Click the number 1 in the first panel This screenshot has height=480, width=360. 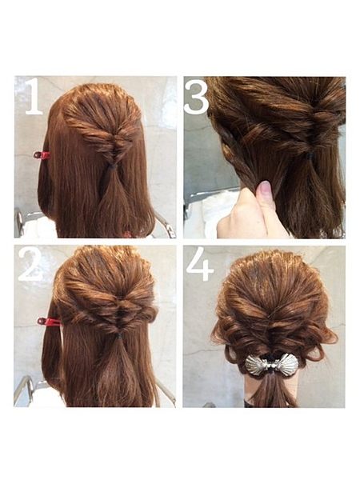click(34, 96)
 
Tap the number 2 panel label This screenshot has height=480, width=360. click(30, 264)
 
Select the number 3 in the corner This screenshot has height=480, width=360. click(197, 97)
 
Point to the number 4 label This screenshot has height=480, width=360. click(199, 264)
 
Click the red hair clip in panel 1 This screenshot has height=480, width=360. click(42, 155)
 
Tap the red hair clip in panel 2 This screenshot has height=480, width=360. click(48, 322)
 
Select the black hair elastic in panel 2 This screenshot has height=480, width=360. click(118, 336)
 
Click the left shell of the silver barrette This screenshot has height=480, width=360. click(256, 365)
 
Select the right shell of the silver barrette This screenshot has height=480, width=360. click(287, 363)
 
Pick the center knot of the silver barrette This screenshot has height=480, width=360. click(271, 366)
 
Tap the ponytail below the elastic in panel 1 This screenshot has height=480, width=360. click(114, 202)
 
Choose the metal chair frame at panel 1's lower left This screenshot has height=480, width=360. click(20, 221)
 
